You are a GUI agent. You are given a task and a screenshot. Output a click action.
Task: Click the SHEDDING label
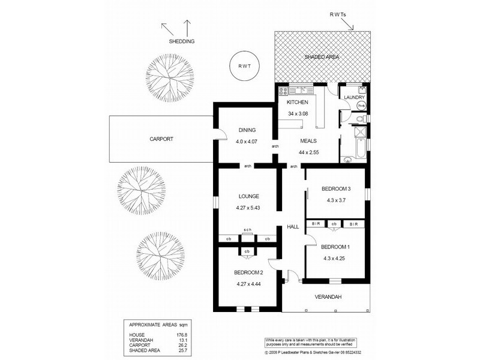[x=182, y=41]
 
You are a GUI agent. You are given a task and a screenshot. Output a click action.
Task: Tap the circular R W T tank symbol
[x=244, y=67]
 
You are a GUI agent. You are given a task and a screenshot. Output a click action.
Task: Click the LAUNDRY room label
[x=353, y=97]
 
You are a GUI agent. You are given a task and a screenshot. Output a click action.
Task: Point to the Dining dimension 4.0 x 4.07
[x=246, y=142]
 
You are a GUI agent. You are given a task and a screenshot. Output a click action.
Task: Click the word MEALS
[x=301, y=142]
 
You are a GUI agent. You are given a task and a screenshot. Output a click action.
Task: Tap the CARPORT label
[x=161, y=139]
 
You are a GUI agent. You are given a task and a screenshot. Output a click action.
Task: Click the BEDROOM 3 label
[x=335, y=189]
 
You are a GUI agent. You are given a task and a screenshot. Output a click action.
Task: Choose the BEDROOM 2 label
[x=248, y=273]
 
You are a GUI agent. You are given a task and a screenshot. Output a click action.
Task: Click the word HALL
[x=292, y=227]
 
